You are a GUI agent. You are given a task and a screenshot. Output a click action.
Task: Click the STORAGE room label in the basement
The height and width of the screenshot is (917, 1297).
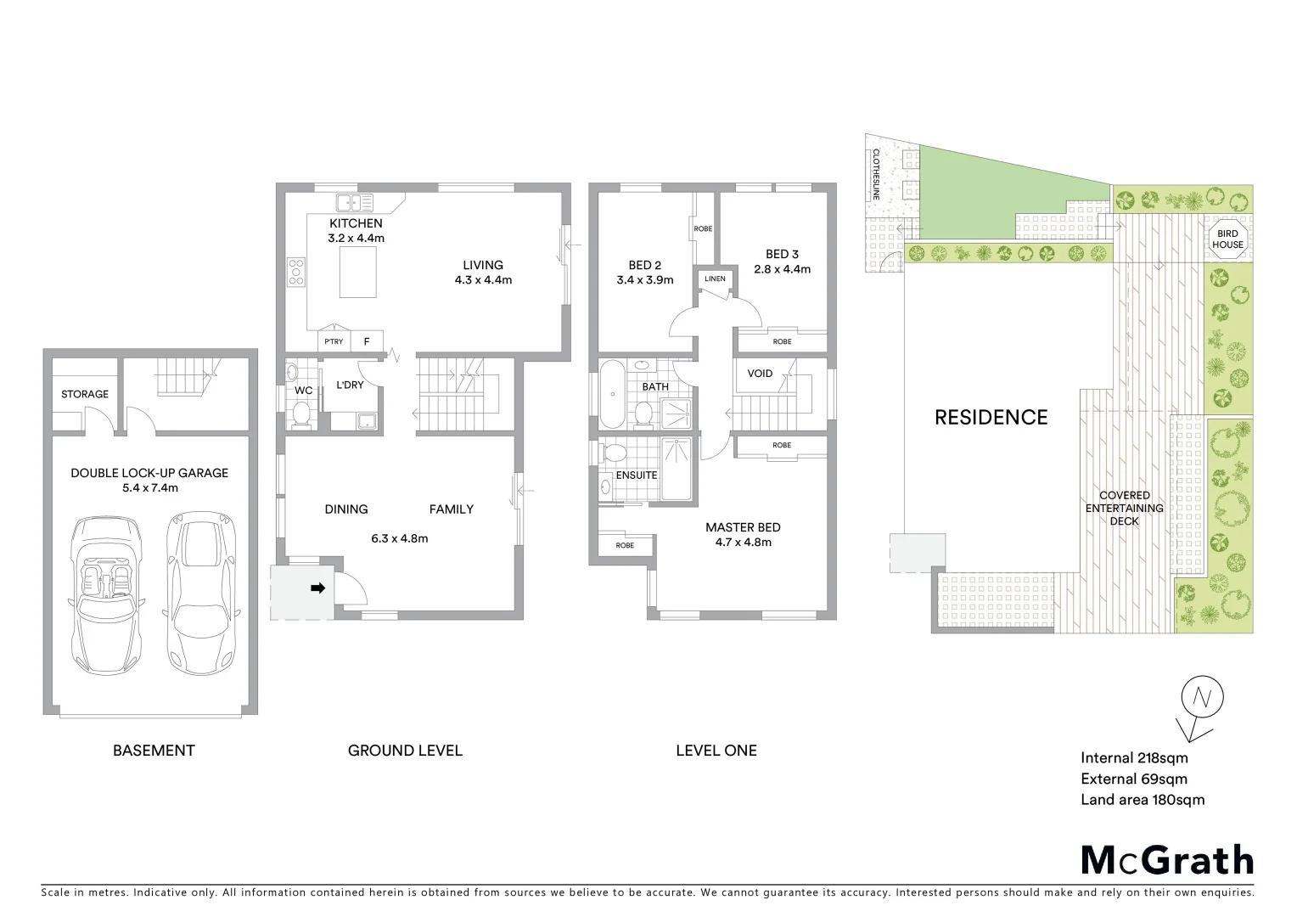click(x=85, y=394)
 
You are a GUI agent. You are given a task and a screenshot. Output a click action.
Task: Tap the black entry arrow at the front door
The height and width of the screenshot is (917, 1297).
click(x=318, y=588)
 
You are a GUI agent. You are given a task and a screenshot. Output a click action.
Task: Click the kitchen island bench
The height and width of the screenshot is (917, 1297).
click(x=358, y=274)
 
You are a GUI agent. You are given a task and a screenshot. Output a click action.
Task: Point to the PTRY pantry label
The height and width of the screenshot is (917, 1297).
click(x=334, y=341)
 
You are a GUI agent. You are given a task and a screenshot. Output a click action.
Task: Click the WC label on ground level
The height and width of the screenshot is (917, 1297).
click(x=303, y=391)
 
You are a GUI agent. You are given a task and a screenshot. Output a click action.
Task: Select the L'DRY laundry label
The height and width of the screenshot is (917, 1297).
click(x=350, y=385)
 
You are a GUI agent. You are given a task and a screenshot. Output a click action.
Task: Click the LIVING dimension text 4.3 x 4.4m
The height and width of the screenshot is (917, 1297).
click(x=483, y=279)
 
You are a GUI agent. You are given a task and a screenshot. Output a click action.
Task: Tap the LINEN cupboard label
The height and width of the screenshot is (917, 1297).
click(x=715, y=278)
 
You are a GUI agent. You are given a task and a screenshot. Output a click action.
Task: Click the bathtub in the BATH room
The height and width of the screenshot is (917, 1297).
click(x=610, y=395)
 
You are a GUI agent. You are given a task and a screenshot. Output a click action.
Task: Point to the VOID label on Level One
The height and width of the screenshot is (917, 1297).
click(x=760, y=374)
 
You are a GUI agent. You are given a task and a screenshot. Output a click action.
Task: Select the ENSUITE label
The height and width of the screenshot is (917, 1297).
click(x=637, y=475)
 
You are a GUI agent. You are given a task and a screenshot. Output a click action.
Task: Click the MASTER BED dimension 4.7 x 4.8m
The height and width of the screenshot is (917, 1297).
click(x=743, y=542)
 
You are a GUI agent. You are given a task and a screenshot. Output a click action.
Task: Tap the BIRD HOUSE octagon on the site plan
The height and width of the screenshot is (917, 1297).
click(x=1227, y=239)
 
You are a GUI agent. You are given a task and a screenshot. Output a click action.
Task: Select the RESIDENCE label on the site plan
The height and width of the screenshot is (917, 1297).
click(x=991, y=417)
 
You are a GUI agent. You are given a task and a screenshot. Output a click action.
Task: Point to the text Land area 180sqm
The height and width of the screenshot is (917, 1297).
click(x=1142, y=799)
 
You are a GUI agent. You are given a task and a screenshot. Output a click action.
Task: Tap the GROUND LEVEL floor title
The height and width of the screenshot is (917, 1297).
click(x=405, y=751)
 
